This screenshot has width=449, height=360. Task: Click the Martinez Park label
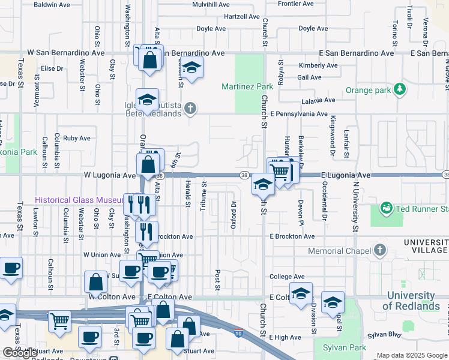(247, 87)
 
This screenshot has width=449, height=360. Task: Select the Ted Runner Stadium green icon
(386, 208)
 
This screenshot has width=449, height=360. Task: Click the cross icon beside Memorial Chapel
(379, 249)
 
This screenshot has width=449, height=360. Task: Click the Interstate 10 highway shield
(238, 333)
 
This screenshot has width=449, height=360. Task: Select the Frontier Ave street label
(296, 4)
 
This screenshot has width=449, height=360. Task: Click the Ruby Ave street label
(76, 138)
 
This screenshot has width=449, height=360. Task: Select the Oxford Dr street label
(232, 210)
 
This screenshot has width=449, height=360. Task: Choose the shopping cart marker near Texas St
(59, 321)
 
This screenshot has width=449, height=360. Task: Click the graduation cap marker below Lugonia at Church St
(263, 184)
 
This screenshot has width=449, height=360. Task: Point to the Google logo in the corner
(20, 353)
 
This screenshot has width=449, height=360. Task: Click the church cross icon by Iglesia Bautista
(190, 109)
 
